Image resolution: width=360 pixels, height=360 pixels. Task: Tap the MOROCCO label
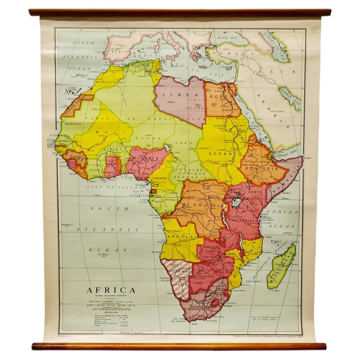tap(105, 83)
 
